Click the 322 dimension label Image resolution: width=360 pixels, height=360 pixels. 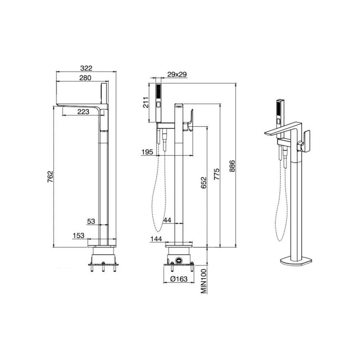[x=86, y=68]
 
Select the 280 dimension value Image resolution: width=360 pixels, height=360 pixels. [x=85, y=78]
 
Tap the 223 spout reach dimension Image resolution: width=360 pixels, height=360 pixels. [x=83, y=112]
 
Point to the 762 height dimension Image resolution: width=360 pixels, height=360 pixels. [x=50, y=176]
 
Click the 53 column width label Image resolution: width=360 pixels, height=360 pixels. [x=91, y=221]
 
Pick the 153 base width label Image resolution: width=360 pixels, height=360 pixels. [x=78, y=235]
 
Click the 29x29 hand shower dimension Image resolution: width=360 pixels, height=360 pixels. [x=177, y=75]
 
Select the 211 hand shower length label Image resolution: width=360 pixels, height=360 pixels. [x=146, y=102]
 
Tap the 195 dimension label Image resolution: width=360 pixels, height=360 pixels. [x=147, y=152]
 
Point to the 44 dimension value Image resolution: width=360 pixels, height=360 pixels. [x=167, y=220]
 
